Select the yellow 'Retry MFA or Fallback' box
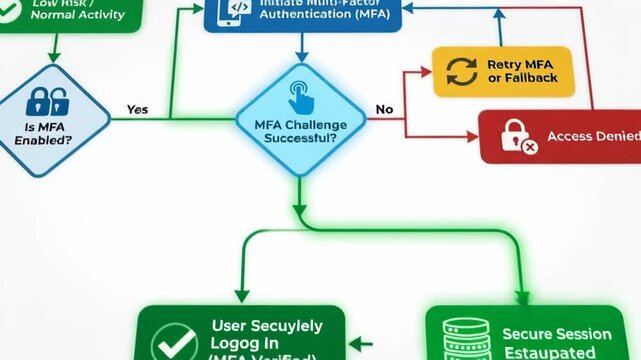(x=503, y=71)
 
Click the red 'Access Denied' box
(x=560, y=137)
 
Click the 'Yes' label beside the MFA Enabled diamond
(x=138, y=110)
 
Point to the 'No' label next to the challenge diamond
(x=384, y=109)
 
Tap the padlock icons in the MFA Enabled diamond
(x=48, y=100)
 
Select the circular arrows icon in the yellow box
(x=461, y=71)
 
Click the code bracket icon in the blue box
(x=238, y=8)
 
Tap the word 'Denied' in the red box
(x=612, y=137)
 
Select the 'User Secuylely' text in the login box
(x=267, y=326)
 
